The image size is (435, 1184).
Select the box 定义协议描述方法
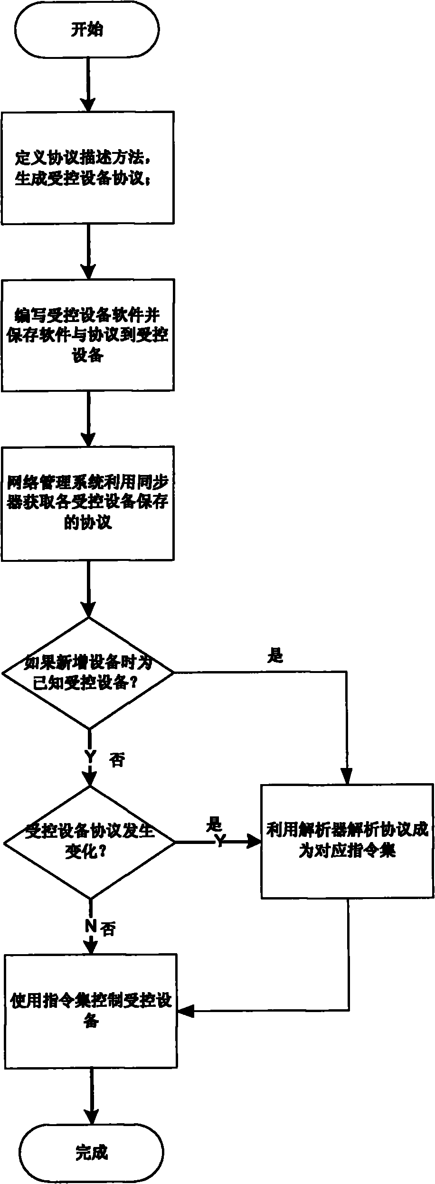click(87, 168)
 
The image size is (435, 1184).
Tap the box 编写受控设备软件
click(87, 335)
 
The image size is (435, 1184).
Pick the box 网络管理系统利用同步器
click(87, 503)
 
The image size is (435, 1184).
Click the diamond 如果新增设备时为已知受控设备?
click(88, 673)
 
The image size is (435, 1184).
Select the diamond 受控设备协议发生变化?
click(90, 843)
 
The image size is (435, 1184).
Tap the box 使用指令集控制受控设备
click(91, 1012)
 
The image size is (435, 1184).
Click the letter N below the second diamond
click(90, 926)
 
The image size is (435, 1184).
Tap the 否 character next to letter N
click(108, 928)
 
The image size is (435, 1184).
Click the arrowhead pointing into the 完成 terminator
click(91, 1116)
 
